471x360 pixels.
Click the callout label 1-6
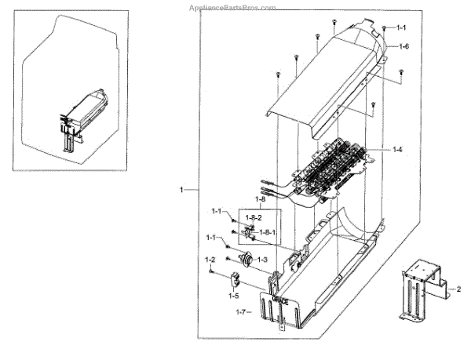point(403,47)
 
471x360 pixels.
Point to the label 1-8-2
point(254,217)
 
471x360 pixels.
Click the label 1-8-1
point(267,233)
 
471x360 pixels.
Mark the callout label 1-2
point(210,260)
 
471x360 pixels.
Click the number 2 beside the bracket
point(459,289)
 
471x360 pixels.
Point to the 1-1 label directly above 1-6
point(400,28)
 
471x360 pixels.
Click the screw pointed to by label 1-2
point(212,271)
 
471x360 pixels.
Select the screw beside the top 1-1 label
point(384,27)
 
